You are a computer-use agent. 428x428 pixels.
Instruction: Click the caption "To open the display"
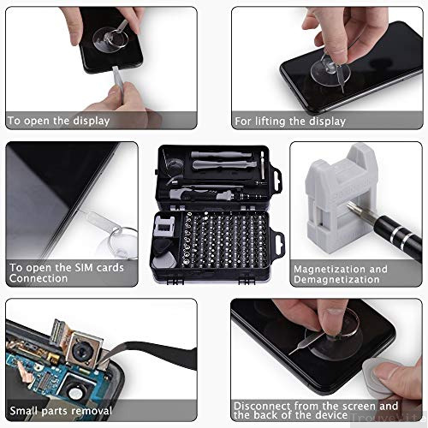(58, 121)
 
